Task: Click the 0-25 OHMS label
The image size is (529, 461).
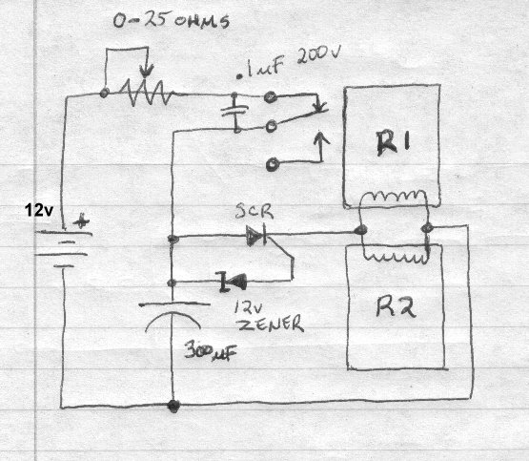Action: (172, 21)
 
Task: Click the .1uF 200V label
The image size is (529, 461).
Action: (289, 64)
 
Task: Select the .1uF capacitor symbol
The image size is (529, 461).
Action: (235, 111)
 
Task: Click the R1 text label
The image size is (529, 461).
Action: (394, 142)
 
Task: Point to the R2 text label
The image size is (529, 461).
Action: (396, 307)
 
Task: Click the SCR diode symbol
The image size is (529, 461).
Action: (256, 236)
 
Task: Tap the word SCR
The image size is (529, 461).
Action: (254, 211)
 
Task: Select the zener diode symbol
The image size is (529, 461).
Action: (233, 282)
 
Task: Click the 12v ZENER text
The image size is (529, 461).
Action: (269, 318)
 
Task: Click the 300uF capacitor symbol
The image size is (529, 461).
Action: (173, 316)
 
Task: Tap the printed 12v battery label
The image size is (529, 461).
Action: (39, 211)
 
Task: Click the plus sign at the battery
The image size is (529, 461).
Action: (81, 221)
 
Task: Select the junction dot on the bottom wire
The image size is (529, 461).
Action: (173, 405)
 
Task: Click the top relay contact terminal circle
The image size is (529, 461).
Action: (271, 97)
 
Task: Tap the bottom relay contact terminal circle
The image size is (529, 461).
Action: (272, 164)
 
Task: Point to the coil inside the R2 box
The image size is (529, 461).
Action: (395, 258)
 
